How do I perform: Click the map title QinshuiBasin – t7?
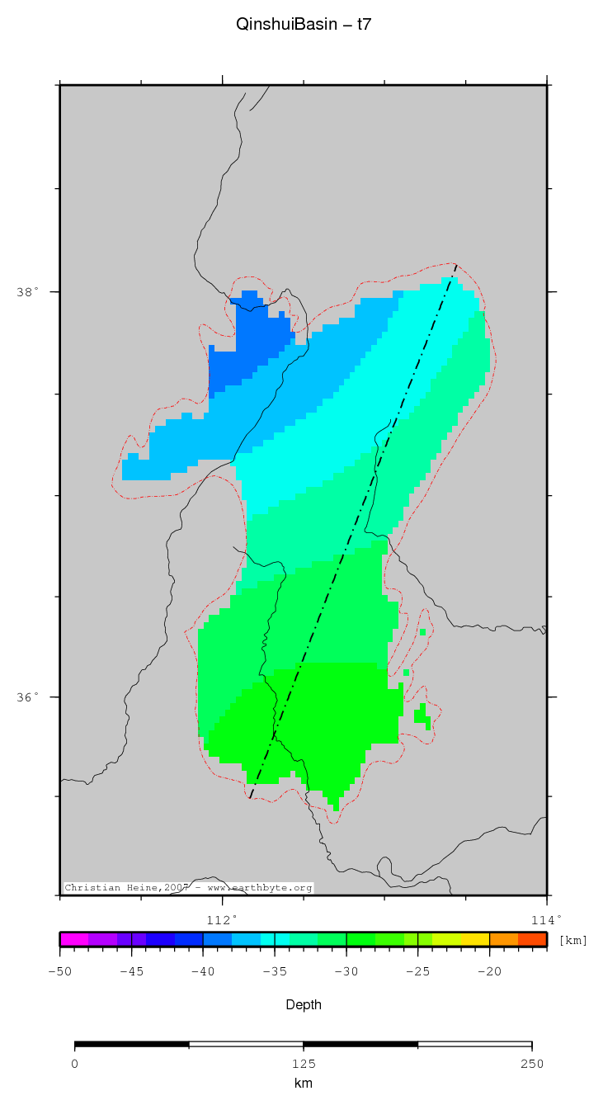[x=304, y=25]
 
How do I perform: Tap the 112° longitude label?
[x=222, y=919]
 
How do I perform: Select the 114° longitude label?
[x=546, y=919]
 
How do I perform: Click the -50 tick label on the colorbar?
[x=60, y=971]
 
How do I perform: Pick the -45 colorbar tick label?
[x=132, y=971]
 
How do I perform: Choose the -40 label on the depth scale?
[x=203, y=971]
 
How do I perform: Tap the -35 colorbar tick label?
[x=275, y=971]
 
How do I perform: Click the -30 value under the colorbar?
[x=346, y=971]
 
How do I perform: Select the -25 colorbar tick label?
[x=417, y=971]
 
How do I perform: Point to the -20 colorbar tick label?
[x=489, y=971]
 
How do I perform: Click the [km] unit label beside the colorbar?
[x=573, y=941]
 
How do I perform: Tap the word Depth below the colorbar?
[x=304, y=1004]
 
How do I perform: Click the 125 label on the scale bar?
[x=304, y=1063]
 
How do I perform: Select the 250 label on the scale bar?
[x=532, y=1063]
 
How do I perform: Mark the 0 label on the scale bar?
[x=75, y=1063]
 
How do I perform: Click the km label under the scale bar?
[x=304, y=1083]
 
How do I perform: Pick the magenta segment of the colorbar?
[x=74, y=939]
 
